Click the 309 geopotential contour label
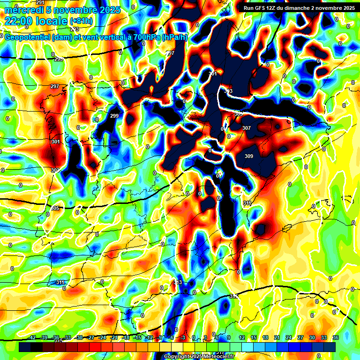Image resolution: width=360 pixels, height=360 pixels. coord(248,157)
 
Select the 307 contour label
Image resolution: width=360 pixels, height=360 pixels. coord(247,128)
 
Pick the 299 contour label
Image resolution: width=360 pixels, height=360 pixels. coord(114,116)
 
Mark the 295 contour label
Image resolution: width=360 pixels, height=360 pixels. coord(59,59)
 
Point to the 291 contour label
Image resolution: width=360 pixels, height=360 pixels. coord(40,3)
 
